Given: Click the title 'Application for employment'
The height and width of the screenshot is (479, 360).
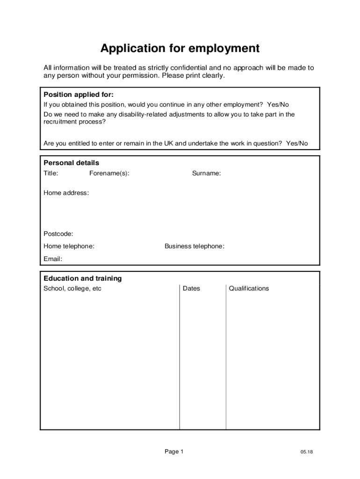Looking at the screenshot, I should [180, 48].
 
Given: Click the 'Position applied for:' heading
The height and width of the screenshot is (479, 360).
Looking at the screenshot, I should [79, 94].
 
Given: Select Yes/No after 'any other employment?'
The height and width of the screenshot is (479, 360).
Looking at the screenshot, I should [278, 105].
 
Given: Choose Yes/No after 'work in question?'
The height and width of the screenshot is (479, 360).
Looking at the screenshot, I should [297, 144].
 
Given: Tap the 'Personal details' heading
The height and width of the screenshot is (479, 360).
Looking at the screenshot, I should [71, 163].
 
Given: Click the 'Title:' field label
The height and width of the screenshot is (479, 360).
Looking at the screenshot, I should [51, 174].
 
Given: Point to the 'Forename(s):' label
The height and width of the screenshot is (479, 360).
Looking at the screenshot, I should [109, 174].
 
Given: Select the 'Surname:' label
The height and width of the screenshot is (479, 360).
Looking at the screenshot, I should [207, 174].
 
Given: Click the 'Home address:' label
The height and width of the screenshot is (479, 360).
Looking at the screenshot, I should [66, 193].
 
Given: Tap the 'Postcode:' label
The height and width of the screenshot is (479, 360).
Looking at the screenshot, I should [58, 234].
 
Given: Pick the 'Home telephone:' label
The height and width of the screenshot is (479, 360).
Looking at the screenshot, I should [69, 246].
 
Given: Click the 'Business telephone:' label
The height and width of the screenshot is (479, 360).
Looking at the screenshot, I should [194, 246].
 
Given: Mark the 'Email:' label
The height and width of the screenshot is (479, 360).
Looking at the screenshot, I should [53, 259].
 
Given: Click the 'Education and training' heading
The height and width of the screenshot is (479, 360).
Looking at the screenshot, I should [82, 278].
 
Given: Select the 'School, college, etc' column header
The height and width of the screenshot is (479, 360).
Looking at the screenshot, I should [72, 289].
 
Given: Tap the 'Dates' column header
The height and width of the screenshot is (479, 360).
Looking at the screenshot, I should [191, 289].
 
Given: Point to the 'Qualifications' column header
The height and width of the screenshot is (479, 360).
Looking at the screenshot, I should [249, 289].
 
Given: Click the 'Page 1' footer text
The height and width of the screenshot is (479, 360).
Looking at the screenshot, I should [174, 451].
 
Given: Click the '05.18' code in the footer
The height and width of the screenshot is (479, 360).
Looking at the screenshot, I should [307, 452].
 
